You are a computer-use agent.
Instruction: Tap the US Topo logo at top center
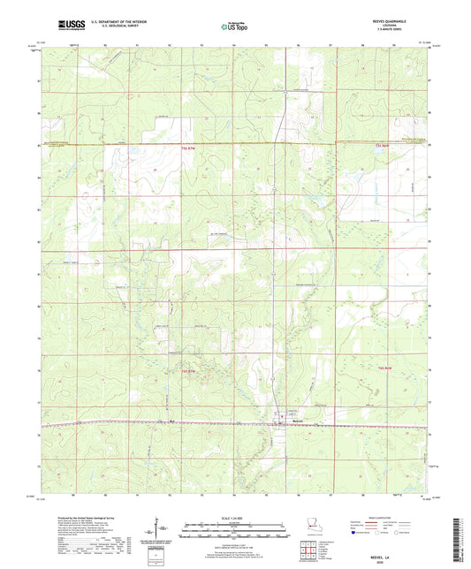[232, 27]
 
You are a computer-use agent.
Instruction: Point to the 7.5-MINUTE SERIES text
[396, 32]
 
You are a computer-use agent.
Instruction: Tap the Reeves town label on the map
[277, 422]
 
